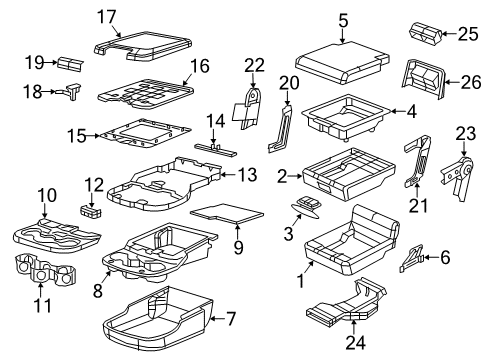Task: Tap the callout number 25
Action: [466, 34]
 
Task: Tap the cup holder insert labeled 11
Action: [47, 273]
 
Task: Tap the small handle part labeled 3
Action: [305, 207]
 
